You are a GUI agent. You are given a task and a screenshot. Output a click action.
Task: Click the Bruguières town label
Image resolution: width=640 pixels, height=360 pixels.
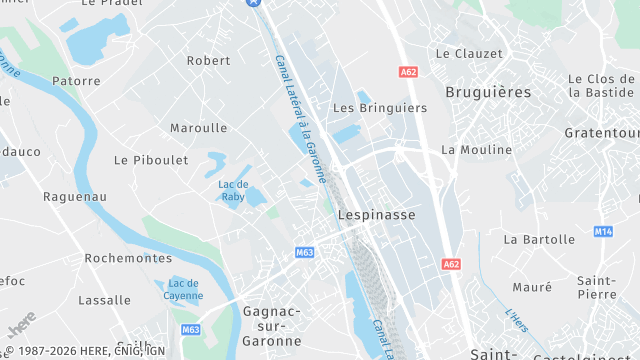pos(488,91)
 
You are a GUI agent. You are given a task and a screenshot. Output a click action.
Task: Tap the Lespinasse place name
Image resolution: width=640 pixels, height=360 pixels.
pos(376,214)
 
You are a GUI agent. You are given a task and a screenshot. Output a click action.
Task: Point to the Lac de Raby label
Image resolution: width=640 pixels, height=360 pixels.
pos(233,190)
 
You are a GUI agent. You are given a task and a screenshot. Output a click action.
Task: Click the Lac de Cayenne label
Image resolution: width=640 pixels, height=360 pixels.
pos(183,289)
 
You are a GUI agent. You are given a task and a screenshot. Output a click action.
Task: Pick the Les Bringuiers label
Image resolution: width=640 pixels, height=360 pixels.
pos(372,107)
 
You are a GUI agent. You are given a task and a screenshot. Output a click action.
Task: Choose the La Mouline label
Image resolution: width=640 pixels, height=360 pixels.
pos(476,149)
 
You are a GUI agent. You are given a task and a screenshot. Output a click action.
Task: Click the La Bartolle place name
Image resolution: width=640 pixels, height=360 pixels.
pos(539,239)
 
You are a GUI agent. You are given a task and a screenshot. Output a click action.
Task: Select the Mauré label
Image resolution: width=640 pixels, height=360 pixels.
pos(532,287)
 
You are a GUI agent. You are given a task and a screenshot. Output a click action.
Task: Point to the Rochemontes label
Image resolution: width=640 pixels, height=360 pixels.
pos(128,257)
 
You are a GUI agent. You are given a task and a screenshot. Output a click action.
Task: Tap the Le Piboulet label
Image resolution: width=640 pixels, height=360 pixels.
pos(151,159)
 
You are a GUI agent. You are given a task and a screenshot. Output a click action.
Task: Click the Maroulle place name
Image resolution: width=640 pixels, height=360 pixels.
pos(198,127)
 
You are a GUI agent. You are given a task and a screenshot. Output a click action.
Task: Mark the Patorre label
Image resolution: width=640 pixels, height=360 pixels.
pos(76,81)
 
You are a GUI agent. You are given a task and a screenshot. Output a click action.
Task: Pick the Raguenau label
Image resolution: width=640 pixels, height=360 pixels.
pos(75,197)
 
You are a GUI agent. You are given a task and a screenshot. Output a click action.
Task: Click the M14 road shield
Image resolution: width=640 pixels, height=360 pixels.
pos(603,231)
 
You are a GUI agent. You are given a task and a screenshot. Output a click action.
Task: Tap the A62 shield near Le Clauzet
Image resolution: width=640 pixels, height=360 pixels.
pos(408,72)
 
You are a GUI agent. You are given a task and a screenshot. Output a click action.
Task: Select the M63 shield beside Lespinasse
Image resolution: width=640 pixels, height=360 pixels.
pos(304,253)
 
